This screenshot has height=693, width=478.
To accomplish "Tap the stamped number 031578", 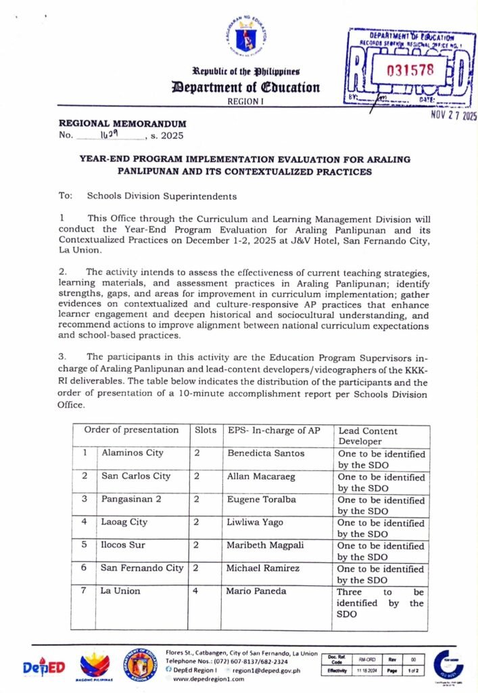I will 410,69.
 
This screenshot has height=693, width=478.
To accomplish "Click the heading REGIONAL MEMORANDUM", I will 122,124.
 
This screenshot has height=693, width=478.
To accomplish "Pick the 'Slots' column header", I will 206,430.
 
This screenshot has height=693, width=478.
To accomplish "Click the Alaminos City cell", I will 132,453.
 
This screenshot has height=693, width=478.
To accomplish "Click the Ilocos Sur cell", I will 123,545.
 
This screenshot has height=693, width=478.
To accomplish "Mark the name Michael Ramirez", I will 263,568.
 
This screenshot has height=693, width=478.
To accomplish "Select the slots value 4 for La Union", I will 197,591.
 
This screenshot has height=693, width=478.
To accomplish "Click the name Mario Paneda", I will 256,591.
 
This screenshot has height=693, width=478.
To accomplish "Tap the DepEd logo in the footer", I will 43,667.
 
